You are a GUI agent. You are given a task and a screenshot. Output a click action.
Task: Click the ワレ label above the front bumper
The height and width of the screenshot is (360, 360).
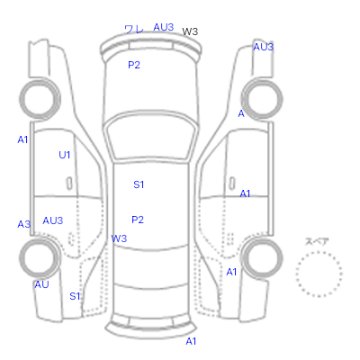(134, 29)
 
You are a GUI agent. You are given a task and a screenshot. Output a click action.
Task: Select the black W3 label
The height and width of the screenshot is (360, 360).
(190, 31)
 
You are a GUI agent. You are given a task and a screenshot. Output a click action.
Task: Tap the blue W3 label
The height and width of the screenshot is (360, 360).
(119, 238)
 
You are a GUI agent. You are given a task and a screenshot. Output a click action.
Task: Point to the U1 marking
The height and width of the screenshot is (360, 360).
(65, 155)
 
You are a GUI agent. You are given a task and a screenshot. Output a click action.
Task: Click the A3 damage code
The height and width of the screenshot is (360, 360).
(24, 224)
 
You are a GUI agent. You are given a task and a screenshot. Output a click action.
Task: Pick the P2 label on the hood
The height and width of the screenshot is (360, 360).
(134, 65)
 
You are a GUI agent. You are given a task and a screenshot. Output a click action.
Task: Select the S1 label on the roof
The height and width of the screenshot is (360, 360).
(139, 184)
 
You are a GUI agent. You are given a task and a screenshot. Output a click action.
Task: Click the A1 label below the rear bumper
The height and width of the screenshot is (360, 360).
(191, 341)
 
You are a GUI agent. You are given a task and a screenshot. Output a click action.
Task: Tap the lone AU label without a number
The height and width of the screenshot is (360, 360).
(41, 284)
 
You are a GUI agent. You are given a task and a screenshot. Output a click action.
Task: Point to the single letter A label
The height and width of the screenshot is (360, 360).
(241, 113)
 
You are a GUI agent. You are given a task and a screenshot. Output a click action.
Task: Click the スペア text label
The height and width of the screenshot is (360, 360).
(317, 241)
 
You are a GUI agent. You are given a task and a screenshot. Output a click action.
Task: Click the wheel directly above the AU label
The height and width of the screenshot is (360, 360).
(40, 258)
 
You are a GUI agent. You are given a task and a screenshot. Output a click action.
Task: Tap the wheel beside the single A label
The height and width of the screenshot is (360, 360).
(262, 99)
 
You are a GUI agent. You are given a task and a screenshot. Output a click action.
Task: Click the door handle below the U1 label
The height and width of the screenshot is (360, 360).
(69, 184)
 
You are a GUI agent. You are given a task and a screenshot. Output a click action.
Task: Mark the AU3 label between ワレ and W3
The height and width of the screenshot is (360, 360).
(164, 27)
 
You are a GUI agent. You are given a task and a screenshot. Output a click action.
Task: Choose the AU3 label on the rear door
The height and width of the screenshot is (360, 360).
(53, 220)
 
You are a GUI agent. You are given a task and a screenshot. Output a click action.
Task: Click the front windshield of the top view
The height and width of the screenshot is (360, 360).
(152, 138)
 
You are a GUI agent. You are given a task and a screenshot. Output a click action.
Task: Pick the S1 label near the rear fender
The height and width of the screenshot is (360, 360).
(75, 296)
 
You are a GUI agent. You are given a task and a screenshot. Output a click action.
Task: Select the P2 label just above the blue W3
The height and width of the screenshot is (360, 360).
(138, 220)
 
